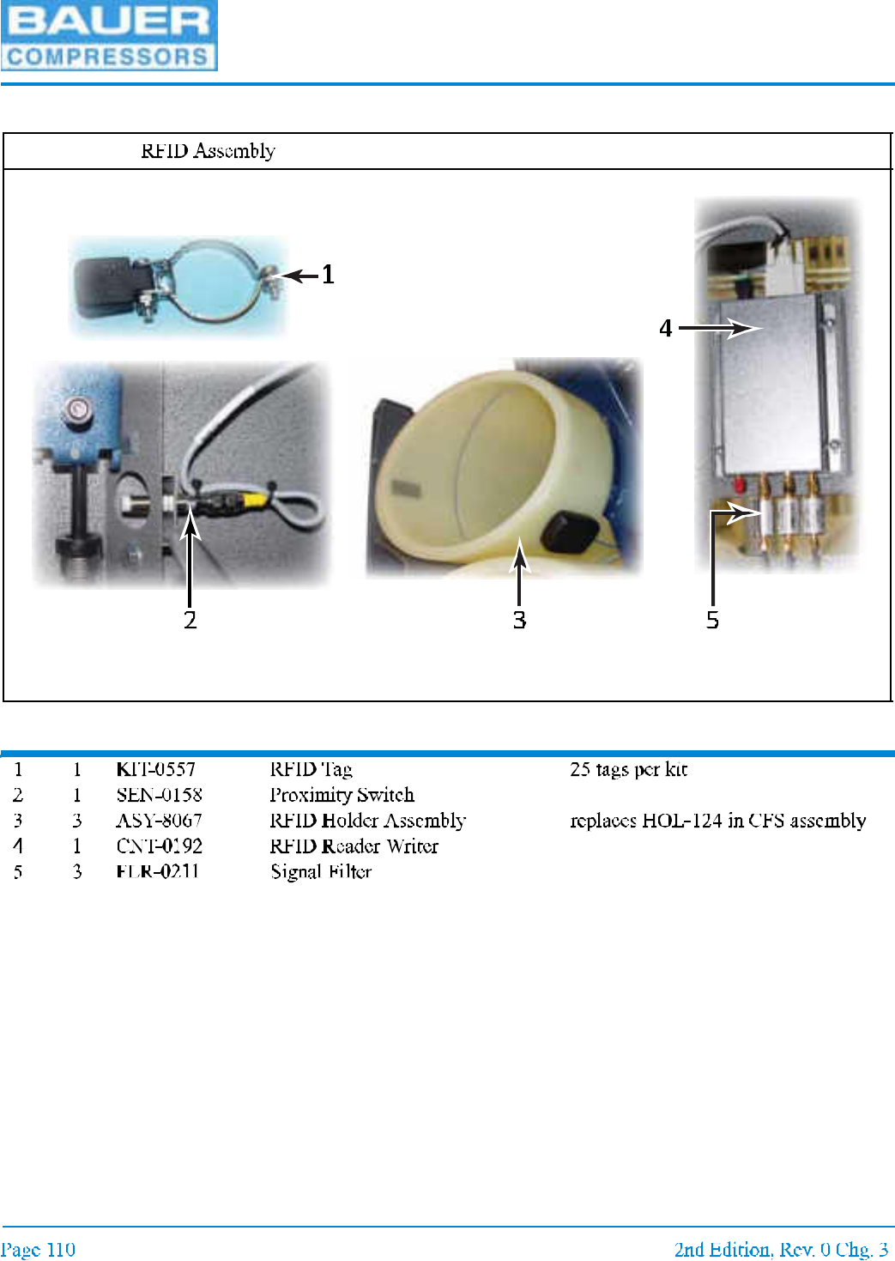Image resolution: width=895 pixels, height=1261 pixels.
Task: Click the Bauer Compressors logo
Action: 108,36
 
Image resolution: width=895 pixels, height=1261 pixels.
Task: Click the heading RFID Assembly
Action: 208,151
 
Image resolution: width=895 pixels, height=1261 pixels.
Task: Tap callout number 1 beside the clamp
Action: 328,276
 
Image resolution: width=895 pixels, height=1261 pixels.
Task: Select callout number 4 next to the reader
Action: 665,329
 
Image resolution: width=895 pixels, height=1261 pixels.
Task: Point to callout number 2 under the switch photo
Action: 190,620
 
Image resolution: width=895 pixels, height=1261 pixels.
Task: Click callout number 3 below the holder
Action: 519,620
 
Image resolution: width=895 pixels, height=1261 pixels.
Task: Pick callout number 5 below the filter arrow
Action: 712,620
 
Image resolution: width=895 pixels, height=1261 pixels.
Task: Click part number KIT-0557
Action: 156,769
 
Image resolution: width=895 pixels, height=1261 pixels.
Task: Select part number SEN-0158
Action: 160,795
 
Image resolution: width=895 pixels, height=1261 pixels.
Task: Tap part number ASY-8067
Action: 160,821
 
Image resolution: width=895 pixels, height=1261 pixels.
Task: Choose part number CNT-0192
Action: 160,846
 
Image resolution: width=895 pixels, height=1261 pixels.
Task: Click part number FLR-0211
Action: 158,872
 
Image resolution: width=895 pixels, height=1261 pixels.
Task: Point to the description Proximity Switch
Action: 342,795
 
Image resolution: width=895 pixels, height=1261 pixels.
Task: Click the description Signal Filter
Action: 321,872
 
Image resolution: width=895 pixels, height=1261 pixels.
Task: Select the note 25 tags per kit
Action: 628,769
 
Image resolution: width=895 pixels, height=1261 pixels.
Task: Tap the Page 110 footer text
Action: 38,1249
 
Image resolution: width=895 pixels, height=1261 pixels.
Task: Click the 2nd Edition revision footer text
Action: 781,1249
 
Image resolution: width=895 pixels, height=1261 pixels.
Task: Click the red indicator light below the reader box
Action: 738,486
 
